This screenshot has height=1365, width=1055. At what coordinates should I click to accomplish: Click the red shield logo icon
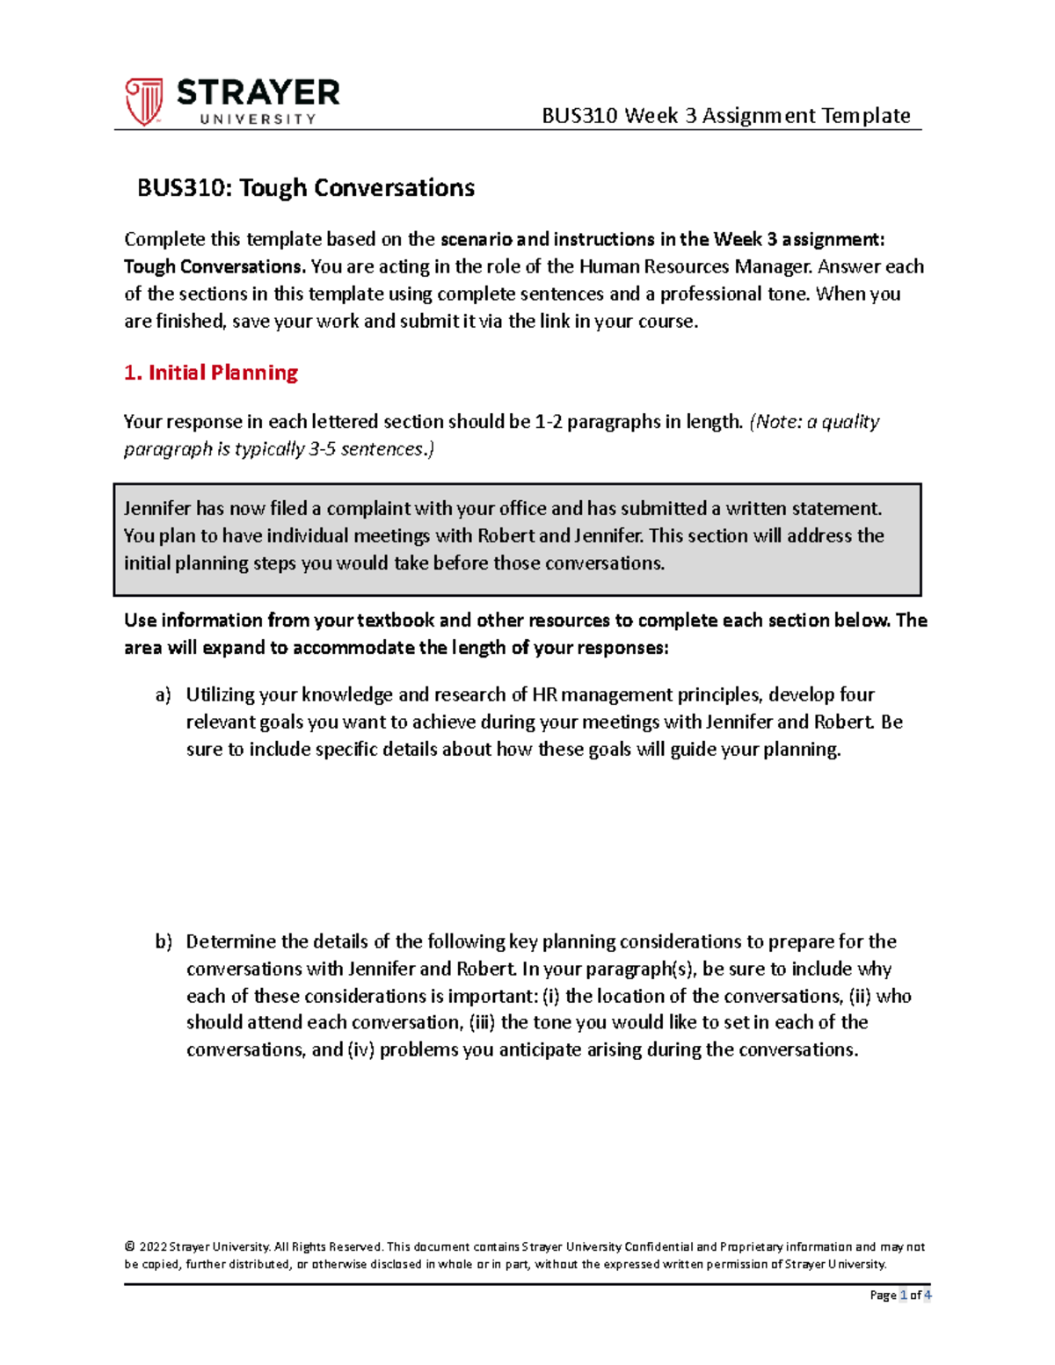tap(143, 101)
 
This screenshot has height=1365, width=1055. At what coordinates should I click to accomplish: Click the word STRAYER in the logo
tap(258, 93)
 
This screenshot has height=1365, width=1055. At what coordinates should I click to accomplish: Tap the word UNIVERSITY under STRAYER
tap(258, 120)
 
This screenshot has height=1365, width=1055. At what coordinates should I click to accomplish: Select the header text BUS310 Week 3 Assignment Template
tap(725, 115)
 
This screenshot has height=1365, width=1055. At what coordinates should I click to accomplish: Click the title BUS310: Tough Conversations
tap(306, 188)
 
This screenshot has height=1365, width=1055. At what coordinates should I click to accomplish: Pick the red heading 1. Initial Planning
tap(211, 373)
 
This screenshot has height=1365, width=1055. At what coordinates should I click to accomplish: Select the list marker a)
tap(164, 695)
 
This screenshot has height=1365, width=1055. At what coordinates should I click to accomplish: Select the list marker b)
tap(164, 942)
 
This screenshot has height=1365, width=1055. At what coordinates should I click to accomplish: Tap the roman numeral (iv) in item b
tap(360, 1050)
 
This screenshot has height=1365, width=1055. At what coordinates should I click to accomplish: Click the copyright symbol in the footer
tap(129, 1247)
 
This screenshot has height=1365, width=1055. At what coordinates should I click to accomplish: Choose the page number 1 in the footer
tap(903, 1296)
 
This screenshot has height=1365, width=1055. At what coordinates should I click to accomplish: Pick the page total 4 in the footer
tap(928, 1296)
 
